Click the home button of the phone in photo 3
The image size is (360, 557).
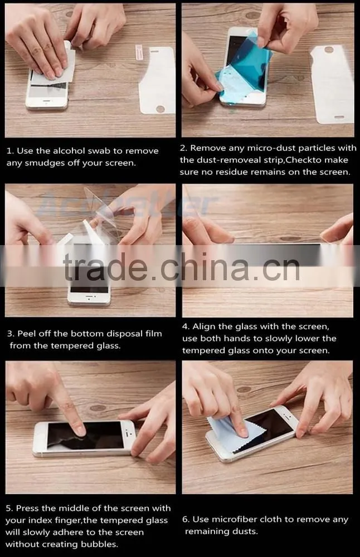point(89,300)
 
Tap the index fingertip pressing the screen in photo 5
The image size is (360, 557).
point(79,430)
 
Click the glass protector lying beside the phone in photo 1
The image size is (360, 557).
point(158,81)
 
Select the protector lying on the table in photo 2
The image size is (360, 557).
point(333,85)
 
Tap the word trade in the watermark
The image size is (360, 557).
point(105,266)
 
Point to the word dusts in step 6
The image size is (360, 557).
point(244,531)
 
